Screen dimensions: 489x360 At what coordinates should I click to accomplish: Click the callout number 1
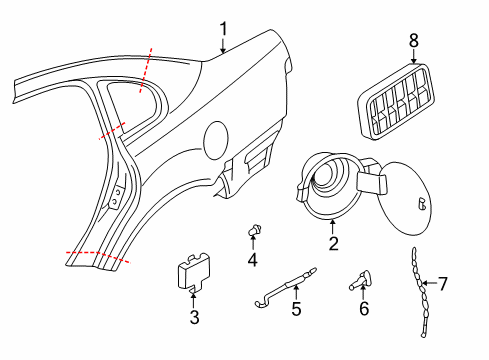click(223, 29)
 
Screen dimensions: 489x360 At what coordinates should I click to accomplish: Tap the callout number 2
click(333, 244)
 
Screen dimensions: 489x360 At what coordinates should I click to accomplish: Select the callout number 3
click(194, 317)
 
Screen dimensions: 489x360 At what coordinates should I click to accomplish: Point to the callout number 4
click(252, 260)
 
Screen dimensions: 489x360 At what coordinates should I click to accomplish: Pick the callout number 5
click(296, 309)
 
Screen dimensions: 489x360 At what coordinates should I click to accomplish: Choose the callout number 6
click(364, 308)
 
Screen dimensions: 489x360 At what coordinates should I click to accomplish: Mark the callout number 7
click(442, 284)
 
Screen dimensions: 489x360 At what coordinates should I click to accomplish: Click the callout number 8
click(413, 41)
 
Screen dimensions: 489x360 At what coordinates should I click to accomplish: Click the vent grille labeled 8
click(397, 101)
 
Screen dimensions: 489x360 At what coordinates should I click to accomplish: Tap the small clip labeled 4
click(255, 230)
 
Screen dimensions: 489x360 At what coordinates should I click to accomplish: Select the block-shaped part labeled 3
click(194, 273)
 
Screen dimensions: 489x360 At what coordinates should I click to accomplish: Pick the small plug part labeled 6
click(361, 280)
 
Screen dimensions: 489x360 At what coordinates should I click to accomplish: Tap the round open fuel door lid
click(405, 198)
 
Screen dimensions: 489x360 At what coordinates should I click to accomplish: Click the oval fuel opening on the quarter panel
click(216, 140)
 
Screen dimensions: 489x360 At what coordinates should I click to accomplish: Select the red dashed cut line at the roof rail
click(146, 70)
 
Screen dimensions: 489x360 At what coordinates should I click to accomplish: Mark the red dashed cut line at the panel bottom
click(98, 257)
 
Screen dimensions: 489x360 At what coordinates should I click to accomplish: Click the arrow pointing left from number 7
click(429, 283)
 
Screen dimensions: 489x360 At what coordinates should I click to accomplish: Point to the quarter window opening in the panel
click(133, 102)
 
